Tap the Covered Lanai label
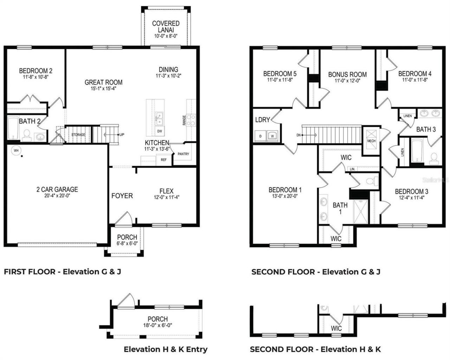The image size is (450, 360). (x=166, y=27)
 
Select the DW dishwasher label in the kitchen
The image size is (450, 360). (x=160, y=131)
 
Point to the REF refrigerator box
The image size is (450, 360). (x=163, y=160)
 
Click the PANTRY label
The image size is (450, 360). (x=183, y=154)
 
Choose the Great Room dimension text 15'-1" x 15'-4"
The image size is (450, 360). (x=103, y=89)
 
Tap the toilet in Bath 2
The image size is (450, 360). (x=26, y=134)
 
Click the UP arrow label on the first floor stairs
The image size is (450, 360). (x=121, y=135)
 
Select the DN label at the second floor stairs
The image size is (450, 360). (x=298, y=135)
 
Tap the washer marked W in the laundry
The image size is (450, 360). (x=272, y=135)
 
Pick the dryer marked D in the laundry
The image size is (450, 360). (x=261, y=135)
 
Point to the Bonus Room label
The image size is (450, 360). (x=347, y=75)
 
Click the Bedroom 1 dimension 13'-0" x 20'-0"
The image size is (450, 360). (x=285, y=196)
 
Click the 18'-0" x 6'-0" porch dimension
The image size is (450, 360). (x=157, y=325)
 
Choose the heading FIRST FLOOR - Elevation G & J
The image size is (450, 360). (x=62, y=272)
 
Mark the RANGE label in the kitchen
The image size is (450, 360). (x=184, y=121)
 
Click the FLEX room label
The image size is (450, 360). (x=166, y=191)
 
